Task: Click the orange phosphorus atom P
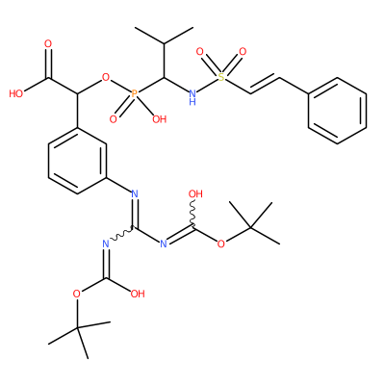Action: (135, 93)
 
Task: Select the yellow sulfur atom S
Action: (221, 77)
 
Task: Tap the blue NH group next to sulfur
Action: (192, 97)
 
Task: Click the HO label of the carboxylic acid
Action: (16, 93)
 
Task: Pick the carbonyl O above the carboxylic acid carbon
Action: (48, 44)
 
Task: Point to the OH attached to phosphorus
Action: (160, 119)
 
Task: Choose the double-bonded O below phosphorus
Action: (113, 119)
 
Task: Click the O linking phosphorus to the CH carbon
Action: (106, 77)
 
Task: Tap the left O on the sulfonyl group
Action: (199, 51)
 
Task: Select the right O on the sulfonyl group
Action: (243, 51)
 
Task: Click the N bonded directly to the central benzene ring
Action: (135, 193)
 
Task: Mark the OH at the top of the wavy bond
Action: (195, 193)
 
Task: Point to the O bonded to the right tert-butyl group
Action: (220, 244)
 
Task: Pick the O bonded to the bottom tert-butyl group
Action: (76, 294)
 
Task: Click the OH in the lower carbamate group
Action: (138, 294)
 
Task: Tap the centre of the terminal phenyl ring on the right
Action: (337, 111)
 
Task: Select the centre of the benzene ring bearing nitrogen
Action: (77, 161)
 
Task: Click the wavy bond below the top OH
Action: (193, 214)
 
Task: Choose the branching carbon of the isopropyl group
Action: (164, 44)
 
